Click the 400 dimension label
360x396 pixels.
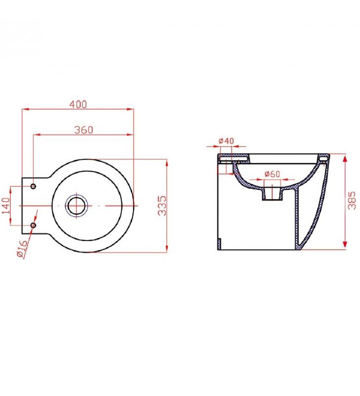click(x=78, y=104)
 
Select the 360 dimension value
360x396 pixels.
click(x=84, y=130)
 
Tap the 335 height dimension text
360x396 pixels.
click(x=162, y=205)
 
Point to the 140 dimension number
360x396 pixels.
click(x=6, y=205)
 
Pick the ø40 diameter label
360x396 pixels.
click(x=226, y=141)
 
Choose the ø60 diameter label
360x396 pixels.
click(x=272, y=174)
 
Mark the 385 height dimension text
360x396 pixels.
click(x=352, y=200)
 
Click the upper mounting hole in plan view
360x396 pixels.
click(x=33, y=187)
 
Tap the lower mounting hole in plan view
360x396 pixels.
click(x=33, y=225)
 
